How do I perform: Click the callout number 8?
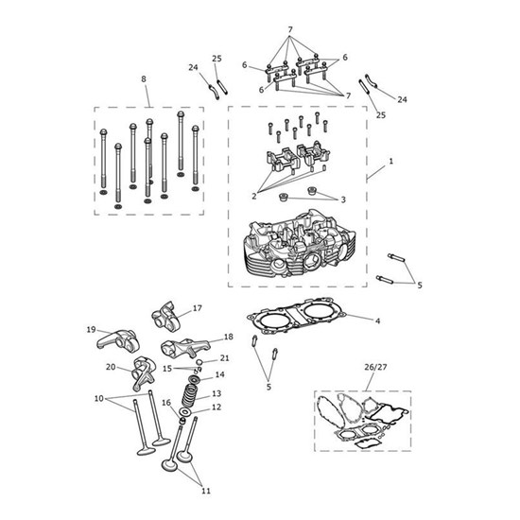(x=144, y=78)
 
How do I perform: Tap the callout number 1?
(x=391, y=161)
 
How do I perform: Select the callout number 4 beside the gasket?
(x=377, y=321)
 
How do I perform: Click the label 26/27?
(x=375, y=367)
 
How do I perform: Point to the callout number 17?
(x=198, y=308)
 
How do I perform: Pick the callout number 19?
(x=91, y=330)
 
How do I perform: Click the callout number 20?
(x=111, y=367)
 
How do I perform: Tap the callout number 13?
(x=217, y=393)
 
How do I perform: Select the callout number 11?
(x=206, y=491)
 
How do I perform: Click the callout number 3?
(x=343, y=199)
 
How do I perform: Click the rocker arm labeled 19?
(x=118, y=341)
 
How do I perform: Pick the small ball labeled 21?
(x=199, y=361)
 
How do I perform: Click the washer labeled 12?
(x=185, y=412)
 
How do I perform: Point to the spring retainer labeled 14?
(x=194, y=379)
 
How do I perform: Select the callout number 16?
(x=166, y=403)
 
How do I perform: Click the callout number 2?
(x=254, y=196)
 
